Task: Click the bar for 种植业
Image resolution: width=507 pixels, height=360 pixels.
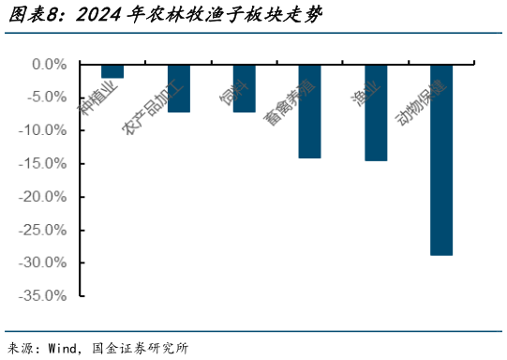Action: coord(112,71)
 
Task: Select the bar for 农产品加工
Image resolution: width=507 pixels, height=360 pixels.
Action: coord(179,88)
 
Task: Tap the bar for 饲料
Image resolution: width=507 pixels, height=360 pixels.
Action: coord(245,88)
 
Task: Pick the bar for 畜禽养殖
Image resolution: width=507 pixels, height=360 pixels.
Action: coord(310,111)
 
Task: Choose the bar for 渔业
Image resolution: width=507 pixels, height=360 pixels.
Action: coord(376,112)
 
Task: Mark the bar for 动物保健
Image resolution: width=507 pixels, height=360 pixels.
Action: coord(441,159)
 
